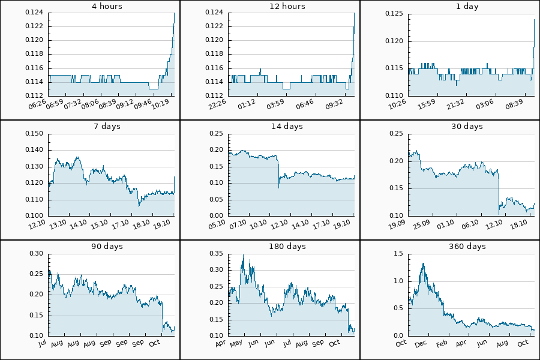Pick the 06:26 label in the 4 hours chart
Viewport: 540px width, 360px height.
pyautogui.click(x=38, y=104)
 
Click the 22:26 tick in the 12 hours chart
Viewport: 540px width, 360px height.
pyautogui.click(x=218, y=104)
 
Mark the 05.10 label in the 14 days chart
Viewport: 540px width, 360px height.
pyautogui.click(x=218, y=224)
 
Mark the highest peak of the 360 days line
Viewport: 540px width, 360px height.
pyautogui.click(x=424, y=263)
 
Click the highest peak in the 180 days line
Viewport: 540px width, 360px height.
pyautogui.click(x=243, y=254)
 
